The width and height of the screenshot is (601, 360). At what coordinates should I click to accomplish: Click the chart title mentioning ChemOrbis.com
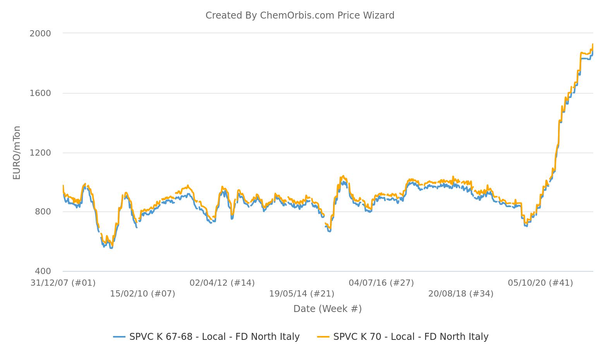pos(300,15)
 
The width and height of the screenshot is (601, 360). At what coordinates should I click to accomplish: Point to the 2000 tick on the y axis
pos(40,33)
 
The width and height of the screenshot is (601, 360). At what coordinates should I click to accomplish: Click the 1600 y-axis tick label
pos(40,93)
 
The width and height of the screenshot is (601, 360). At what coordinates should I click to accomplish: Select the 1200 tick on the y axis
pos(40,153)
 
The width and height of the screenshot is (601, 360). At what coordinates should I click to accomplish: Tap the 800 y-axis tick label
pos(43,212)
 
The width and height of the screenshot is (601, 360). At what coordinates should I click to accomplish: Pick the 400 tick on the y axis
pos(43,271)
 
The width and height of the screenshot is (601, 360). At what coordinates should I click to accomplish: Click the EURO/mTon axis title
pos(17,153)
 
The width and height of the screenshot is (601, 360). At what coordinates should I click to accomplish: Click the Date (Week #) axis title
pos(328,309)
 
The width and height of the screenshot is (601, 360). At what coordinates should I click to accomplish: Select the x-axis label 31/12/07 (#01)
pos(63,283)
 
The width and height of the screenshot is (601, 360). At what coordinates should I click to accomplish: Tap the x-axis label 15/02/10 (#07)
pos(143,294)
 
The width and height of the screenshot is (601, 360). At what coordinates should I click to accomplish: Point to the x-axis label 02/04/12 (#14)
pos(222,283)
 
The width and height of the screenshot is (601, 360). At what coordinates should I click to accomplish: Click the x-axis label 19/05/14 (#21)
pos(302,294)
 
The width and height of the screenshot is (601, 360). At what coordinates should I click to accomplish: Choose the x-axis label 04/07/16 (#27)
pos(381,283)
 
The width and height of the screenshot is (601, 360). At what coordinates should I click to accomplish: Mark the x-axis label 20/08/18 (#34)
pos(461,294)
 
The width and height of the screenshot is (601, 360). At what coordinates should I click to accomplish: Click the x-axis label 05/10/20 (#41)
pos(541,283)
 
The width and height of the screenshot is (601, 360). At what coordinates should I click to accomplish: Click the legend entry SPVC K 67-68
pos(215,337)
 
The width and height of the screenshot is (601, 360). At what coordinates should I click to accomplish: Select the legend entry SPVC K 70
pos(411,337)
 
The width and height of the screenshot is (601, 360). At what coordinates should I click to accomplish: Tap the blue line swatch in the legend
pos(119,337)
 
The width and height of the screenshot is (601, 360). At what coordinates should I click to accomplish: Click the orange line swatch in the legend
pos(323,337)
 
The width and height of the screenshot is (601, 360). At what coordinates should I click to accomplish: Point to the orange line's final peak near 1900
pos(592,45)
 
